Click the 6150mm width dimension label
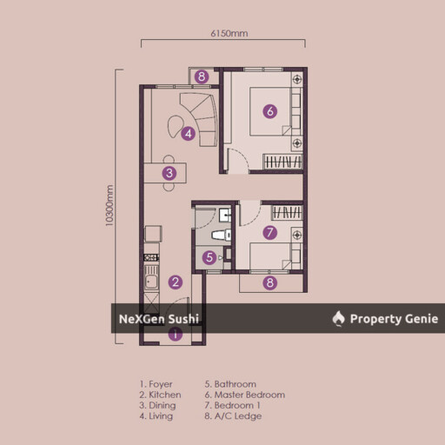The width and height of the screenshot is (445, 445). point(229,34)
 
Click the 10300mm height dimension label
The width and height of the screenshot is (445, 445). point(110,205)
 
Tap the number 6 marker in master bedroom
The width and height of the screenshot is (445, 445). point(270,111)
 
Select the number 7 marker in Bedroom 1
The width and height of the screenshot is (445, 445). point(270,232)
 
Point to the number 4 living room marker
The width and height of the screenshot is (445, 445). point(188,134)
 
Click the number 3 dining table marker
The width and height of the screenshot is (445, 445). point(169,173)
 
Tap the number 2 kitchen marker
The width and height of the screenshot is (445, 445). point(176,282)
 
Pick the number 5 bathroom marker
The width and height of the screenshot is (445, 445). point(209,257)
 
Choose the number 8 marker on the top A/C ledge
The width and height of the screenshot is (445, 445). point(202,76)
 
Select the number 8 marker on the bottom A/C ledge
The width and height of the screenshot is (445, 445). point(270,282)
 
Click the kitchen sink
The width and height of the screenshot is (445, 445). point(151,278)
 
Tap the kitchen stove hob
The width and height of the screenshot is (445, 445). point(151,257)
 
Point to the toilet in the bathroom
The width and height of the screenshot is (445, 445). point(222,235)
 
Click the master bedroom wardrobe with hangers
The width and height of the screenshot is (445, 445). point(282,162)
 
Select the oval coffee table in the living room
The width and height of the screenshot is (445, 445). point(175,127)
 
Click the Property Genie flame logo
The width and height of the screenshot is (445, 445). point(338,318)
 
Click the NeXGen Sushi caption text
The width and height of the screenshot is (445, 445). point(159,319)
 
